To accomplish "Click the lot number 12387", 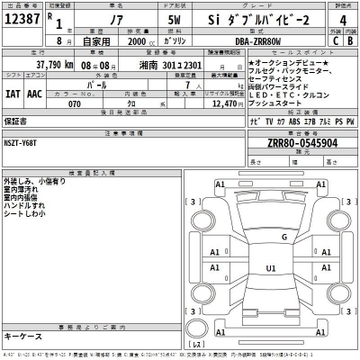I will [22, 18].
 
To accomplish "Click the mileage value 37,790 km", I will [52, 66].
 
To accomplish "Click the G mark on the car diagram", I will [283, 237].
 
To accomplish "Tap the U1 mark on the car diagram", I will [270, 268].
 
